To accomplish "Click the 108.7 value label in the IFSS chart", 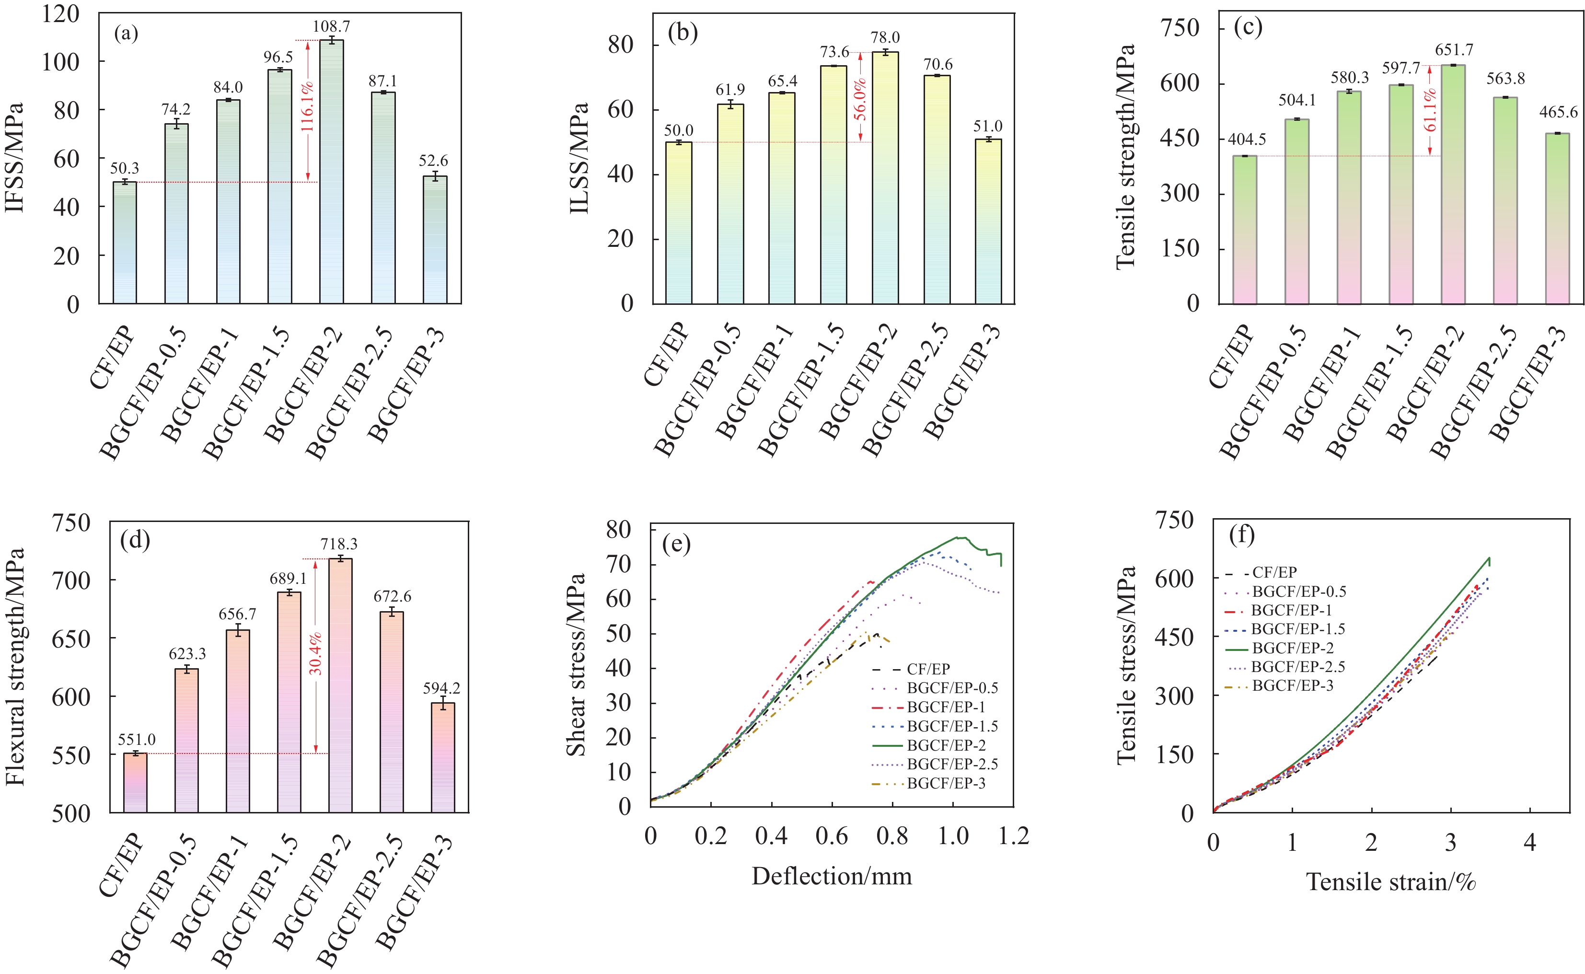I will pos(331,26).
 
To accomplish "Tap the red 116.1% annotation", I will pos(308,106).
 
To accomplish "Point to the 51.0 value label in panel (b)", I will pos(987,126).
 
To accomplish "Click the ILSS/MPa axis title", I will pos(579,158).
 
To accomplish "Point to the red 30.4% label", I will pos(315,654).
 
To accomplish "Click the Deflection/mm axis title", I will pos(832,876).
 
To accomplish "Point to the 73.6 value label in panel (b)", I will pos(834,52).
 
